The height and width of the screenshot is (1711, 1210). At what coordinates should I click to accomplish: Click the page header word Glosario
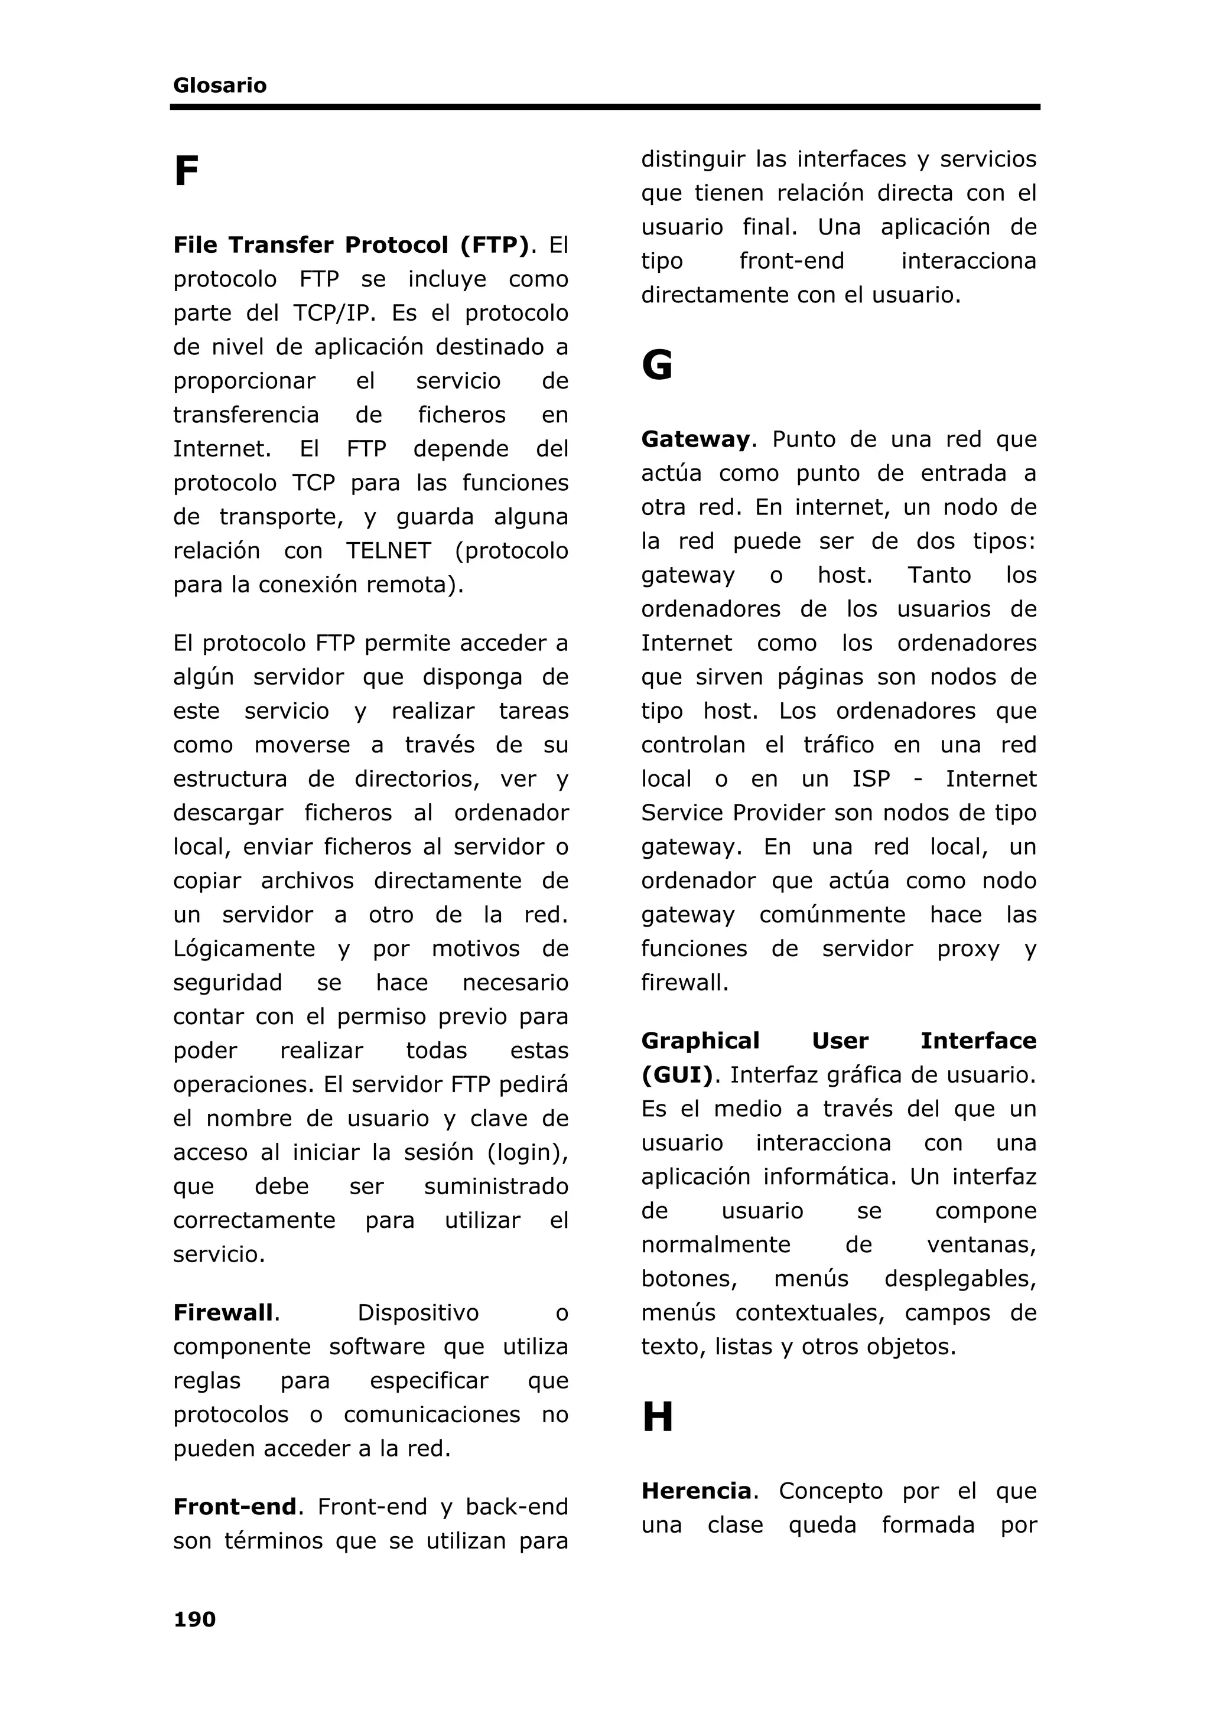(219, 86)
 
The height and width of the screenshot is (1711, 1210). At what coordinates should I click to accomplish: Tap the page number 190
(194, 1619)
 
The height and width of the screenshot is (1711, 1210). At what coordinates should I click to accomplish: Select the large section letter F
(186, 172)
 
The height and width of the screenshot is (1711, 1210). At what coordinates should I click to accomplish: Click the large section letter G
(657, 366)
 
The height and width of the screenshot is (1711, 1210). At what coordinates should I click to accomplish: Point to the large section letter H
(657, 1417)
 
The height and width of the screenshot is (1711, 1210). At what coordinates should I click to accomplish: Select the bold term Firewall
(224, 1312)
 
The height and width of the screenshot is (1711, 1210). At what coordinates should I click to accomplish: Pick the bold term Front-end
(235, 1507)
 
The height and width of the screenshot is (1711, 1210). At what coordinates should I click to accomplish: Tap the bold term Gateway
(695, 439)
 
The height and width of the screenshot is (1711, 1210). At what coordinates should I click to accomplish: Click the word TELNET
(388, 550)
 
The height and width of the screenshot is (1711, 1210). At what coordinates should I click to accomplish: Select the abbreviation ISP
(871, 780)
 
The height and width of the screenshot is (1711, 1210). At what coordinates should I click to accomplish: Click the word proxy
(968, 949)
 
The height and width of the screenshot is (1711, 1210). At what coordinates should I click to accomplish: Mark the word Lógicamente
(244, 949)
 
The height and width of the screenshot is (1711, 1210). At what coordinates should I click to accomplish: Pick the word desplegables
(959, 1279)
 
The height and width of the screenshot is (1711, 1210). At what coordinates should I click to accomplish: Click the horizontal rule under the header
(604, 107)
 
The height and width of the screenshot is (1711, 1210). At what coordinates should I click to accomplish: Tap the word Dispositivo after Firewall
(418, 1312)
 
